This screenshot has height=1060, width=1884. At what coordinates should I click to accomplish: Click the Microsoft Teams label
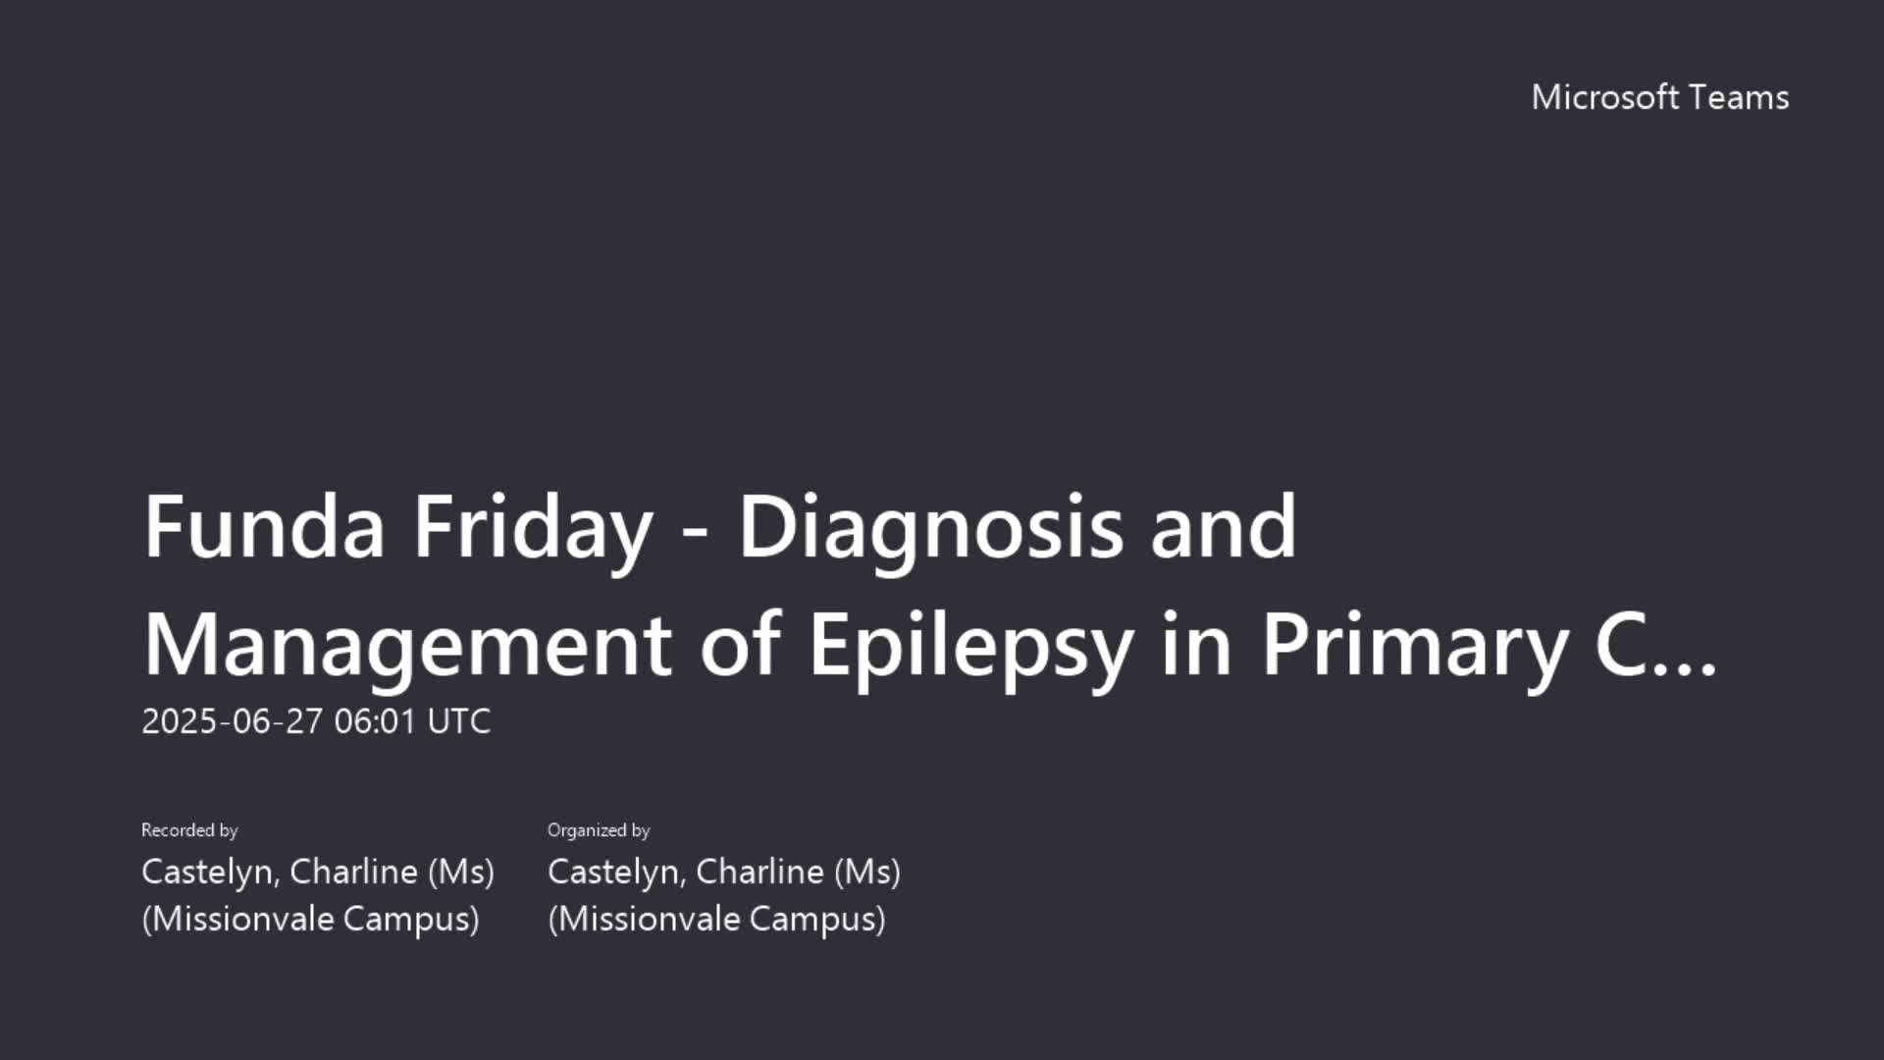click(x=1660, y=97)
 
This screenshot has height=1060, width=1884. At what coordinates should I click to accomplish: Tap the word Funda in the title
click(x=264, y=527)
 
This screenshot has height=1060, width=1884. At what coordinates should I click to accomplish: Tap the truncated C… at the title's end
click(x=1656, y=645)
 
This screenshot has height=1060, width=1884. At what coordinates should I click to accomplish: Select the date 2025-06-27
click(x=232, y=721)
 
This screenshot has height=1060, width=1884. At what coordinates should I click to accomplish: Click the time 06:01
click(x=375, y=721)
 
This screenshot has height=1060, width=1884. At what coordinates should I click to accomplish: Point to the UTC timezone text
click(x=458, y=721)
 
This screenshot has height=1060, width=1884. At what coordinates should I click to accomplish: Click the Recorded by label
click(x=189, y=830)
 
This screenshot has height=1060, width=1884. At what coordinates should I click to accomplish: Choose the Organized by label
click(x=599, y=830)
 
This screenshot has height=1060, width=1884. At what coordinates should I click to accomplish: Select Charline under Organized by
click(x=759, y=872)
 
